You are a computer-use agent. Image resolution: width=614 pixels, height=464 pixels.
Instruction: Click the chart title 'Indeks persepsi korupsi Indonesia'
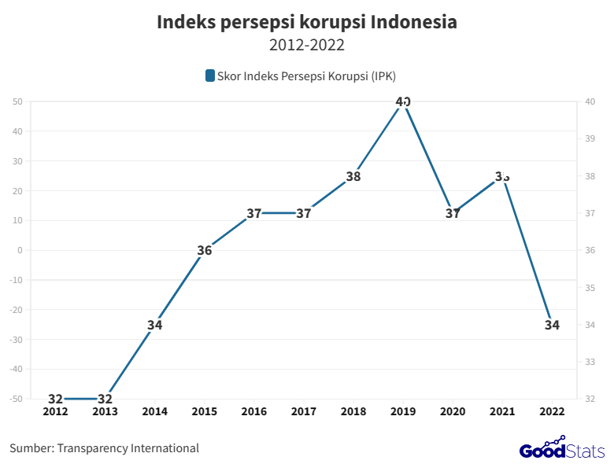coord(306,22)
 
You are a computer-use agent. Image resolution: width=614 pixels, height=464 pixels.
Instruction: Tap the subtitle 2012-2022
coord(306,45)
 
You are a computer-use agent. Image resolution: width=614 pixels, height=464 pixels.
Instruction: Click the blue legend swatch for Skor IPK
coord(209,75)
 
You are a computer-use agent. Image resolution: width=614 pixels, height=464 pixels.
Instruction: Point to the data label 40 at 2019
coord(403,101)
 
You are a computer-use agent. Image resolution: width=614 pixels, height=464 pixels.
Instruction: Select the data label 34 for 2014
coord(154,325)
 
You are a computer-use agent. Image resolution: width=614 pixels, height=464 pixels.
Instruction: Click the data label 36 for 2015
coord(204,251)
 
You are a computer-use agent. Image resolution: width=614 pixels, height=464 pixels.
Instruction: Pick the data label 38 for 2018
coord(353,176)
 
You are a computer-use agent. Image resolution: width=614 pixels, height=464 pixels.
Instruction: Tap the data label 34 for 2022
coord(552,325)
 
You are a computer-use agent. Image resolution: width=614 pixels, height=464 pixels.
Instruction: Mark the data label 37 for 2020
coord(453,213)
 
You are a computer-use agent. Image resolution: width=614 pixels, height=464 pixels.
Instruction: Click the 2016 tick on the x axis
coord(253,411)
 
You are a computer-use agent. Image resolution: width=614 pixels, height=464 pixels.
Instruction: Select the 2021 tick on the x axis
coord(502,411)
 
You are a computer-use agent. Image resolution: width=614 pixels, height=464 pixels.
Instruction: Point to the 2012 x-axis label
coord(55,411)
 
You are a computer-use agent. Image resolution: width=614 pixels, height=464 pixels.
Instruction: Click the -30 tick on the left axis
coord(16,340)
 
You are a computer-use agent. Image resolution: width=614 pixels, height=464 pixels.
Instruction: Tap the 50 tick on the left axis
coord(17,101)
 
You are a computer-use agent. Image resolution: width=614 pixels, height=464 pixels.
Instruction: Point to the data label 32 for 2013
coord(105,399)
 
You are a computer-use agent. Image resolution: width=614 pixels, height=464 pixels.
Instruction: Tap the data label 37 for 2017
coord(304,213)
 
